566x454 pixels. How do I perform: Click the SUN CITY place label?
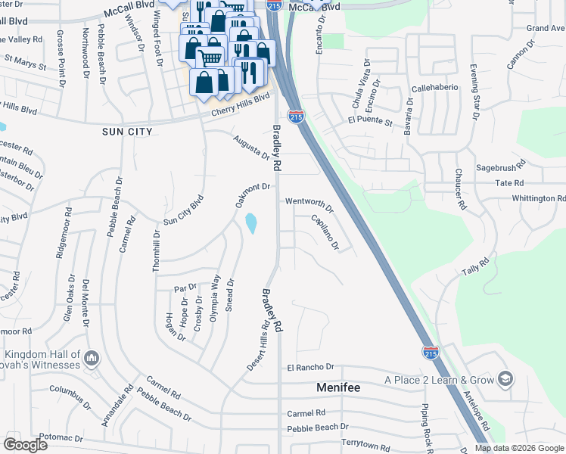click(x=127, y=132)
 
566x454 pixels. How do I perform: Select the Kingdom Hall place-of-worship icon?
click(x=92, y=356)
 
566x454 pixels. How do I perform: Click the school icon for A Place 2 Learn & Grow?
click(x=505, y=379)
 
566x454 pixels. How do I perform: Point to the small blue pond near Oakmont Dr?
click(x=250, y=223)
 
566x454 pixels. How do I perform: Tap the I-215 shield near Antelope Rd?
click(x=431, y=353)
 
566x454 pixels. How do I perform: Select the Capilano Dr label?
click(x=325, y=232)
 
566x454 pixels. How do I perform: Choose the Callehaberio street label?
click(x=435, y=88)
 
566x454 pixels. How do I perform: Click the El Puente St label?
click(x=370, y=121)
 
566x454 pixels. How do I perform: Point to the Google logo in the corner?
click(x=26, y=444)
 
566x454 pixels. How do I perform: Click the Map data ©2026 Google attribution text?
click(x=518, y=448)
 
